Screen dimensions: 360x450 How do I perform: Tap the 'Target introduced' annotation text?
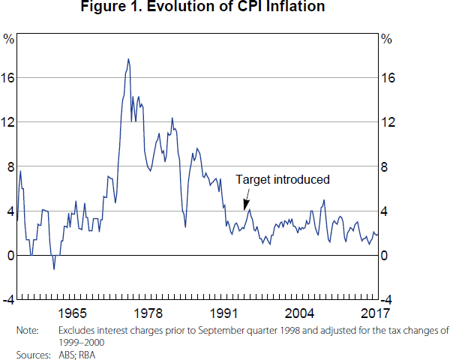point(283,180)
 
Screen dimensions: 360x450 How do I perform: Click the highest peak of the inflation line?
point(128,59)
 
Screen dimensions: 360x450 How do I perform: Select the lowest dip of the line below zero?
point(53,268)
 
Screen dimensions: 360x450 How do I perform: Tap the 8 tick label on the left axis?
point(10,166)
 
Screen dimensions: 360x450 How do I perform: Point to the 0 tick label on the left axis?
point(10,256)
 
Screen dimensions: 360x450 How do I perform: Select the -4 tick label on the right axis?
point(389,300)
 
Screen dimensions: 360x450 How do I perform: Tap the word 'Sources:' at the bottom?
point(32,354)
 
